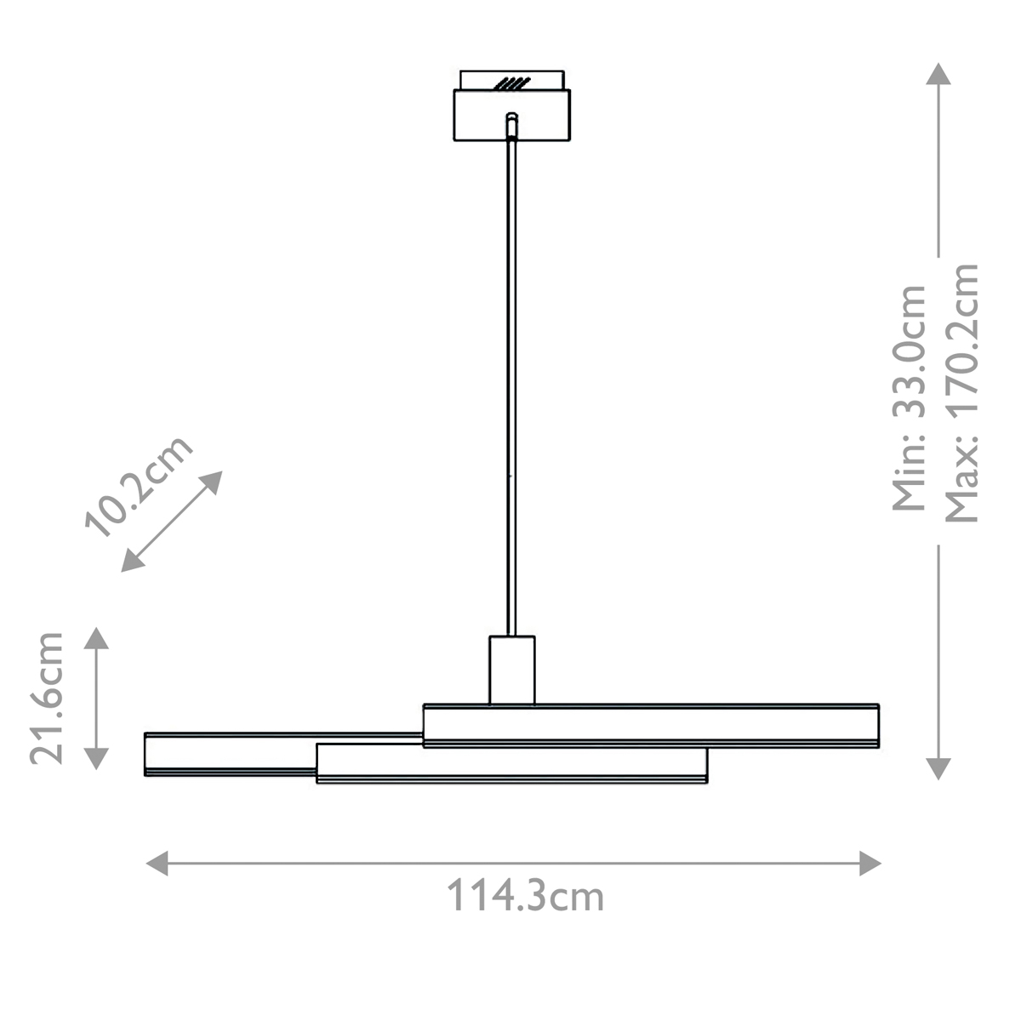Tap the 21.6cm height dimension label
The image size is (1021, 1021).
click(47, 699)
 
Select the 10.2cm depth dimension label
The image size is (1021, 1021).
click(139, 487)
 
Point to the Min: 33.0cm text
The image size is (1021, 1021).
click(910, 398)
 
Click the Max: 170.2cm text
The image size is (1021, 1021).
click(961, 392)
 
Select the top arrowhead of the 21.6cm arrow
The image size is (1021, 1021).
click(96, 638)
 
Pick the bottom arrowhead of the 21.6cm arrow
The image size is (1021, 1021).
click(96, 759)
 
